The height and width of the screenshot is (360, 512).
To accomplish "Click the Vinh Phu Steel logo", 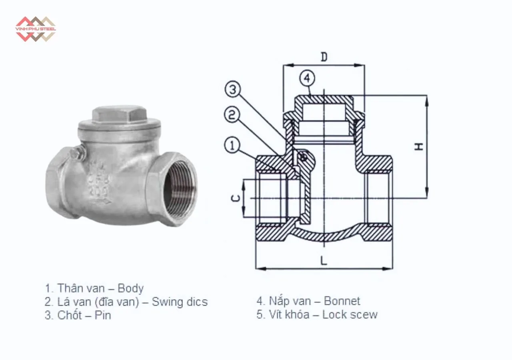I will coord(35,29).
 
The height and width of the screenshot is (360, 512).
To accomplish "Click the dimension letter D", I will coord(324,57).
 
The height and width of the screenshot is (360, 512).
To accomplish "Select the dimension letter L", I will coord(324,260).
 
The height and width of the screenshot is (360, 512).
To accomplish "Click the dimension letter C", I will coord(236,198).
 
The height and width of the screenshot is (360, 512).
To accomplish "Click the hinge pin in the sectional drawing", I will coord(303,158).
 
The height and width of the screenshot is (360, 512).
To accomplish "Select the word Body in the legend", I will coord(130,288).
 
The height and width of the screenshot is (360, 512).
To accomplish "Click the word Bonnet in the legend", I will coord(342,301).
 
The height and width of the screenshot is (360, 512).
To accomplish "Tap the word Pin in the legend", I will coord(103,315).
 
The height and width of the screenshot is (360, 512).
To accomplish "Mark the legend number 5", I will coord(259,314).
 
